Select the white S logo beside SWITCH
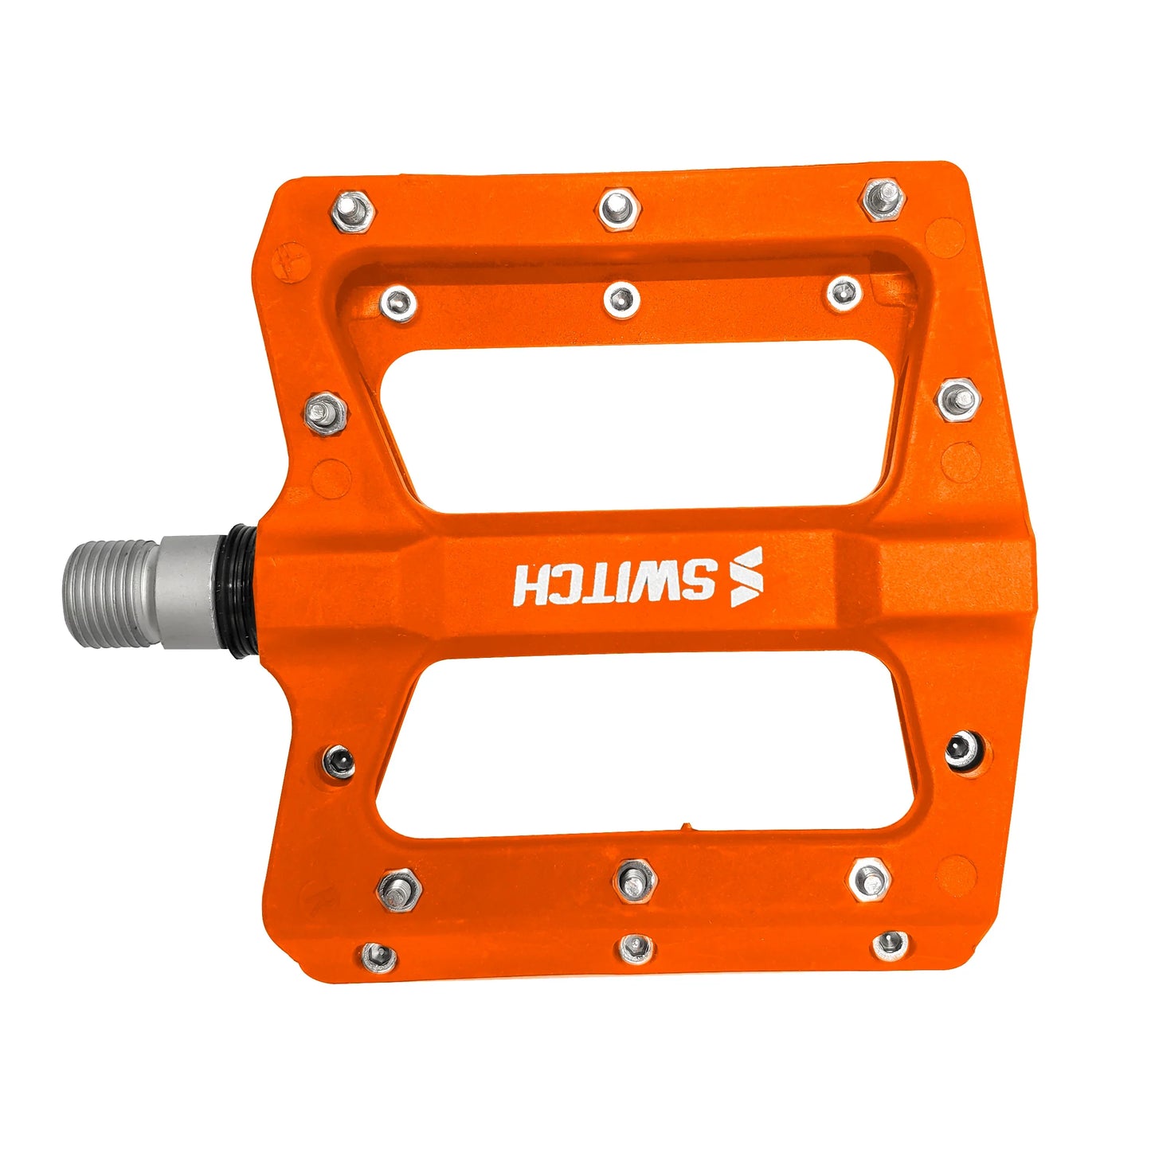[746, 577]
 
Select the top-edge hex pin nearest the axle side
[353, 210]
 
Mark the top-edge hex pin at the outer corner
[883, 198]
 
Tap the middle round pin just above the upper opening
[621, 299]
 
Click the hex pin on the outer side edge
[957, 399]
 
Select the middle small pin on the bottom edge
[636, 948]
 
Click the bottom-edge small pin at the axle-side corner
[378, 956]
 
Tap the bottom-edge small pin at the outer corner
[890, 945]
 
